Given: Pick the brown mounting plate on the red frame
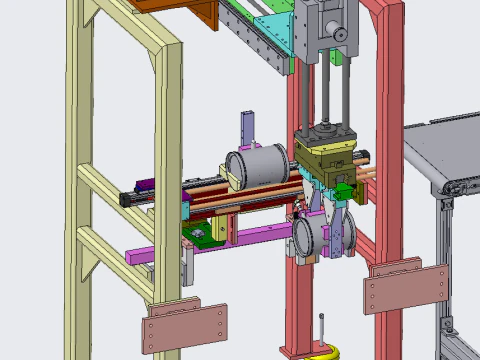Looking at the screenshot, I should [x=405, y=289].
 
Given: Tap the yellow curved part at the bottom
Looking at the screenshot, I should [x=323, y=353].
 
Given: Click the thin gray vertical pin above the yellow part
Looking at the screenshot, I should [x=322, y=330].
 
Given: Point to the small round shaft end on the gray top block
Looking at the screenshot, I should [x=340, y=36].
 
